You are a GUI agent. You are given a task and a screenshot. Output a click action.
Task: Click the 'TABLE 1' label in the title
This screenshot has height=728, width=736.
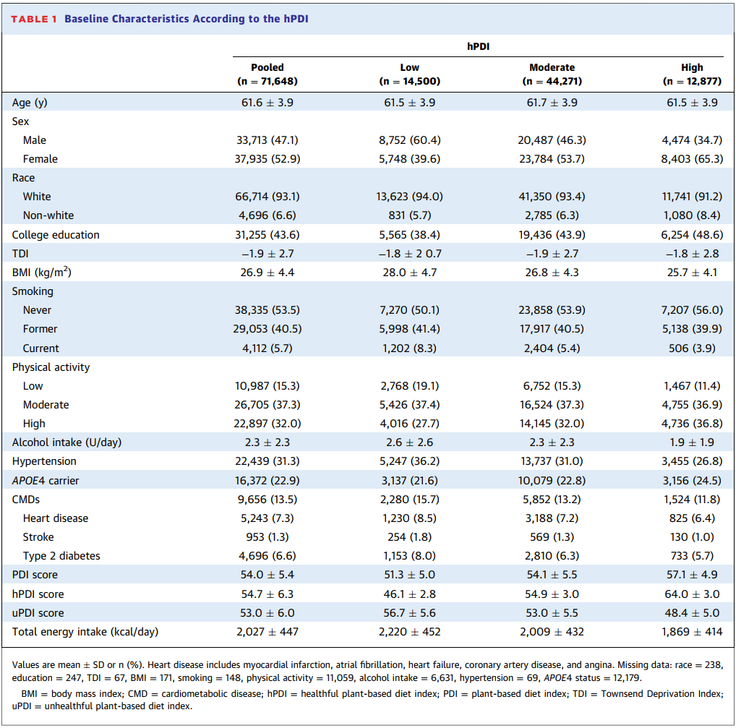(x=33, y=19)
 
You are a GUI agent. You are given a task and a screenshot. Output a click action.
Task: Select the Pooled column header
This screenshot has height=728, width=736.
(x=268, y=74)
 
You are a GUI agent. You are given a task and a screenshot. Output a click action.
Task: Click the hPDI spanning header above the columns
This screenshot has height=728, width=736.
(x=477, y=46)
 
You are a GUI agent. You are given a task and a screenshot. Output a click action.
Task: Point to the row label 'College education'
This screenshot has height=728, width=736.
(x=56, y=235)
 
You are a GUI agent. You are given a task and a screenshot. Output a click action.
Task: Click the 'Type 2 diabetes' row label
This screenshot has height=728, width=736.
(x=61, y=556)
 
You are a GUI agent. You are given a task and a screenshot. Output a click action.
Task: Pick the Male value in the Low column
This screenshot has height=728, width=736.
(x=409, y=140)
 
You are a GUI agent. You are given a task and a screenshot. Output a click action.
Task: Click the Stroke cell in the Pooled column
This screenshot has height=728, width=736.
(x=268, y=537)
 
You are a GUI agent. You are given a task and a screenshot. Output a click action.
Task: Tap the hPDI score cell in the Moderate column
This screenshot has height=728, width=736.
(x=552, y=594)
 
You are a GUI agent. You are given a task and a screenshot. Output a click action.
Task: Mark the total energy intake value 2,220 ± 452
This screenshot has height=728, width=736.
(x=409, y=632)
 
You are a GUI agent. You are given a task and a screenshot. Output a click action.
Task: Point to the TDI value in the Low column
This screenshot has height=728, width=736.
(x=409, y=254)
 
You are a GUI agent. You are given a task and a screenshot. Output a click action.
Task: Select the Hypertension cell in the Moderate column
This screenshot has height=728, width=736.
(x=552, y=461)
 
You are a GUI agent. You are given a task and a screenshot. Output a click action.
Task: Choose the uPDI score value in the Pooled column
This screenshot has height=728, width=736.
(x=268, y=613)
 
